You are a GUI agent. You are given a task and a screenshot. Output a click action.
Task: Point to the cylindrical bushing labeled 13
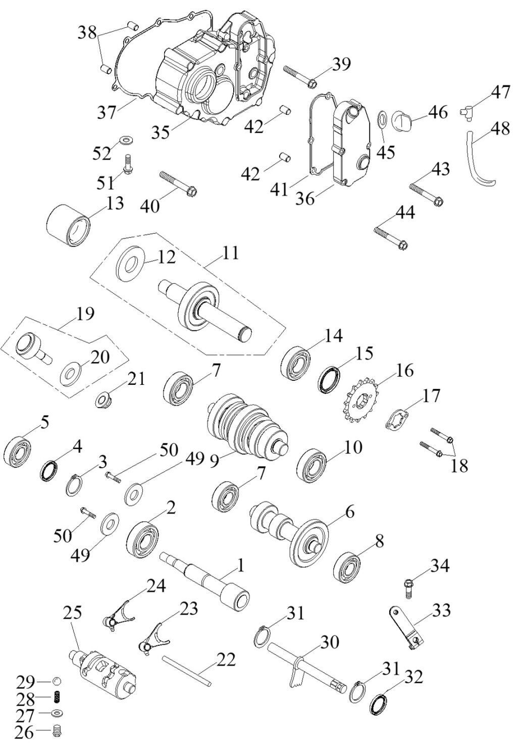click(x=69, y=225)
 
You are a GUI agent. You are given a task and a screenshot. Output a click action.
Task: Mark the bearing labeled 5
click(x=18, y=449)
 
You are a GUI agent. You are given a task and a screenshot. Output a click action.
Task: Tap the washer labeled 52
click(x=124, y=138)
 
